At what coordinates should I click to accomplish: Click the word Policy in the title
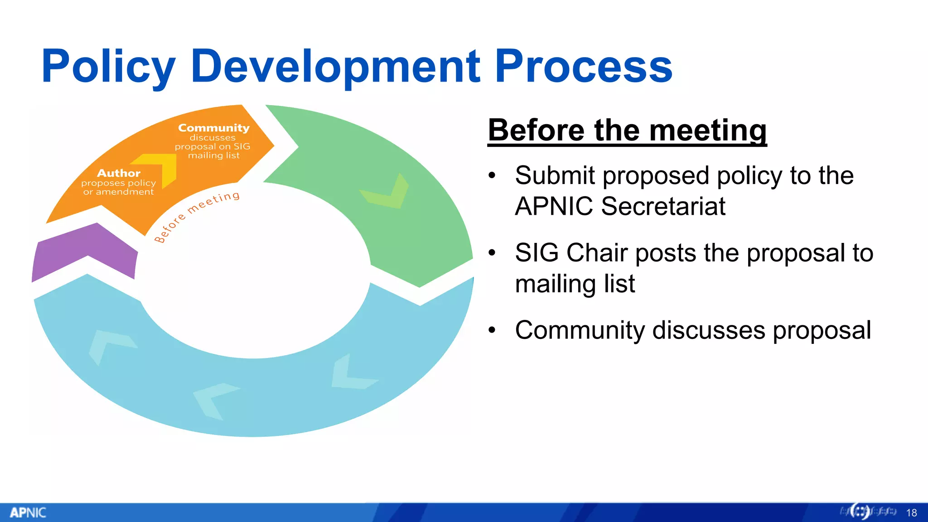click(108, 67)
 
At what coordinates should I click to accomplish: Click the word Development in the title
click(335, 67)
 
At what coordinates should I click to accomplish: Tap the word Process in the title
click(584, 67)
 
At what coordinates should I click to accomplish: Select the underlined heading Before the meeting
click(627, 130)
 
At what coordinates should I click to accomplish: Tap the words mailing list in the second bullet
click(575, 284)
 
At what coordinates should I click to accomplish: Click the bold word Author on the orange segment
click(119, 173)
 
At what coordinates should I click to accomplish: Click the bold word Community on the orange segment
click(214, 128)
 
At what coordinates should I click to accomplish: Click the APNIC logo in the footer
click(28, 512)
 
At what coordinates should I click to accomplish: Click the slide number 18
click(911, 513)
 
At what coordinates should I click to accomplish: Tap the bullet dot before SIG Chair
click(492, 253)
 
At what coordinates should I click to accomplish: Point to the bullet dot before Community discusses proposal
click(492, 331)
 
